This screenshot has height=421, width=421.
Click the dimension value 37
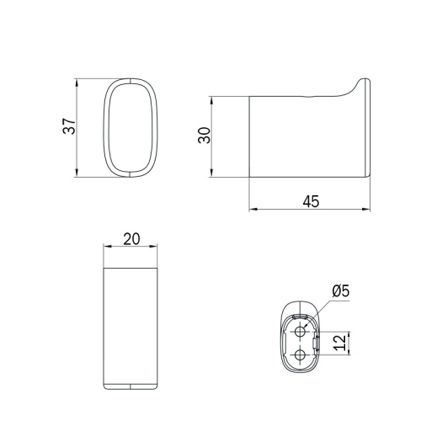coord(69,126)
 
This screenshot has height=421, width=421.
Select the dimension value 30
coord(204,136)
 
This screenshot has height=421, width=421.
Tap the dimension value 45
coord(311,201)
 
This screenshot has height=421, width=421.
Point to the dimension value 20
coord(131,239)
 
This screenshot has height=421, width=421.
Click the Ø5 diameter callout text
coord(341,290)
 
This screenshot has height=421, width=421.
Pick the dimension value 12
coord(340,343)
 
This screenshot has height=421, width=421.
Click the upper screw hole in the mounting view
coord(301,332)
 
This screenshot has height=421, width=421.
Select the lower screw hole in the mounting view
coord(301,355)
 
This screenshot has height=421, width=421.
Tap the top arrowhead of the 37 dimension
coord(77,83)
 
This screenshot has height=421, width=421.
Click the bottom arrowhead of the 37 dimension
coord(77,173)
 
